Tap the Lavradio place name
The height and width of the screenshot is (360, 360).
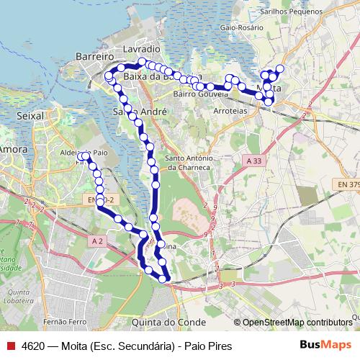pyautogui.click(x=141, y=48)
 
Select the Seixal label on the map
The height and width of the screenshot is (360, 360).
pyautogui.click(x=30, y=115)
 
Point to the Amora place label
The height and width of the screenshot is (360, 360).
pyautogui.click(x=13, y=149)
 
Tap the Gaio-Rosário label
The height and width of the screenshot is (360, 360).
pyautogui.click(x=240, y=27)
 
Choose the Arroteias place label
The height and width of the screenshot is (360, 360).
pyautogui.click(x=231, y=112)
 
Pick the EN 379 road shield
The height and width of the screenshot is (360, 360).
pyautogui.click(x=347, y=184)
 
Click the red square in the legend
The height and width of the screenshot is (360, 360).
pyautogui.click(x=11, y=346)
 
